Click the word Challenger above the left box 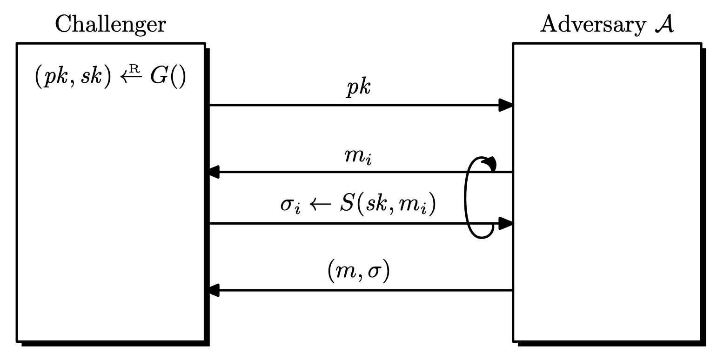tap(110, 24)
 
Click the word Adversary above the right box tap(590, 24)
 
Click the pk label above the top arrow tap(359, 88)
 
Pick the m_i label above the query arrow tap(359, 157)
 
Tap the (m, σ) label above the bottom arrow tap(359, 272)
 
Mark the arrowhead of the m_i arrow tap(214, 173)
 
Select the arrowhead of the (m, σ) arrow tap(214, 291)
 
